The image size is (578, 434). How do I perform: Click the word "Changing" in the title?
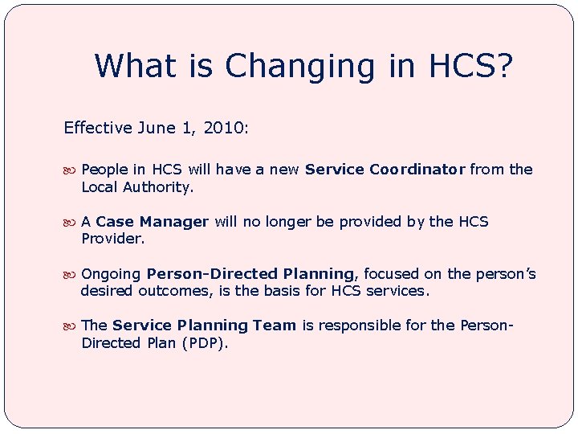click(x=299, y=67)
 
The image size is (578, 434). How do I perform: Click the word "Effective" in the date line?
click(x=98, y=128)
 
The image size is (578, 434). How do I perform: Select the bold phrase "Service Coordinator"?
click(x=385, y=170)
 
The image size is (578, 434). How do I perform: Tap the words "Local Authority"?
click(x=136, y=187)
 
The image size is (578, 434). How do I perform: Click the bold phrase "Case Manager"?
click(x=153, y=222)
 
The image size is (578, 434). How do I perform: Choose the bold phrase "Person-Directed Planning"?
click(x=250, y=274)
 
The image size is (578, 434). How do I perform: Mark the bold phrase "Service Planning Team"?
click(x=204, y=325)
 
